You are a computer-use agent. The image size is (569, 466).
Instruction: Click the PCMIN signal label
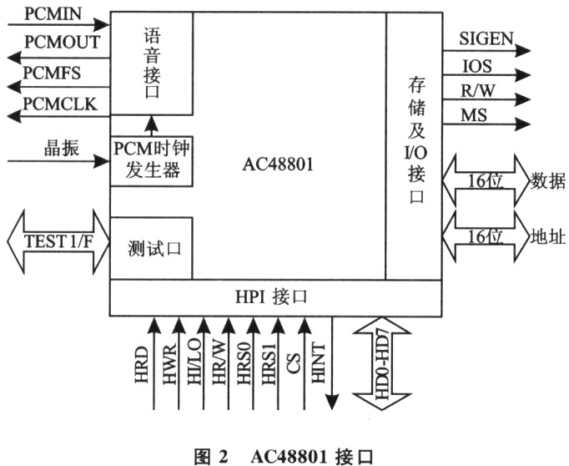point(53,13)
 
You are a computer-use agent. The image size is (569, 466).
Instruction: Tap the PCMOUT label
point(62,42)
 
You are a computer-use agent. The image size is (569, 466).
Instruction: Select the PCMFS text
point(52,73)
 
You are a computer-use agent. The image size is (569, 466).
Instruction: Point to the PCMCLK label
point(60,104)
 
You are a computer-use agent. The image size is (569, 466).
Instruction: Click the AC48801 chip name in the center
point(278,165)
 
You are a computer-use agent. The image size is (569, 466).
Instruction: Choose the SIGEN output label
point(486,38)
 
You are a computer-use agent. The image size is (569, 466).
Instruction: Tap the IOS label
point(477,66)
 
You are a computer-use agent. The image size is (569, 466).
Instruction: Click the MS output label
point(474,115)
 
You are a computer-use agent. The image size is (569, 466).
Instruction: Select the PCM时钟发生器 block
point(151,161)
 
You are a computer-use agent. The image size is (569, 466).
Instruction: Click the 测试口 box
point(151,248)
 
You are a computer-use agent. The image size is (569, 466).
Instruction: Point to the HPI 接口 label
point(271,296)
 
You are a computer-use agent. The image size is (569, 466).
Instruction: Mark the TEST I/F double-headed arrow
point(58,241)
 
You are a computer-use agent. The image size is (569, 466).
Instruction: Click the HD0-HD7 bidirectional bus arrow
point(382,363)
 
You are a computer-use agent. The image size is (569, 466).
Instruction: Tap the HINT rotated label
point(318,362)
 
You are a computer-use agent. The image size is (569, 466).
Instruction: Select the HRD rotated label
point(142,365)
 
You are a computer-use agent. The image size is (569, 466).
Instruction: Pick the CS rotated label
point(293,363)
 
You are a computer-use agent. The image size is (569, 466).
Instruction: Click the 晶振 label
point(62,148)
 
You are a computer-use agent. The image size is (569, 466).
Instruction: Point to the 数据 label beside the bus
point(548,180)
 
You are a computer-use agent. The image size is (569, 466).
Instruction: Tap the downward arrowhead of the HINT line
point(332,402)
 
